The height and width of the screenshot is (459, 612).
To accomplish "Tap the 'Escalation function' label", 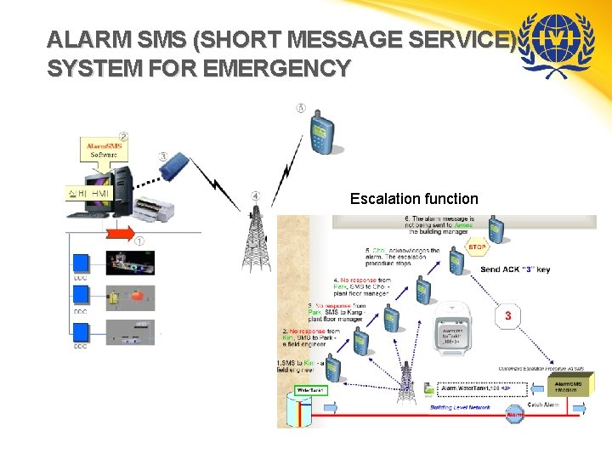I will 414,199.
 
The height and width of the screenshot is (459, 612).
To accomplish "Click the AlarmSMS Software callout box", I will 105,150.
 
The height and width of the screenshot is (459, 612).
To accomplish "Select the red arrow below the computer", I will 119,231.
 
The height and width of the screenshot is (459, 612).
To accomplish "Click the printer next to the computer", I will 159,205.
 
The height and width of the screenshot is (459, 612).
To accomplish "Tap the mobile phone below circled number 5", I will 322,132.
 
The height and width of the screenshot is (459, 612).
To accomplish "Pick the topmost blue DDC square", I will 81,262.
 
